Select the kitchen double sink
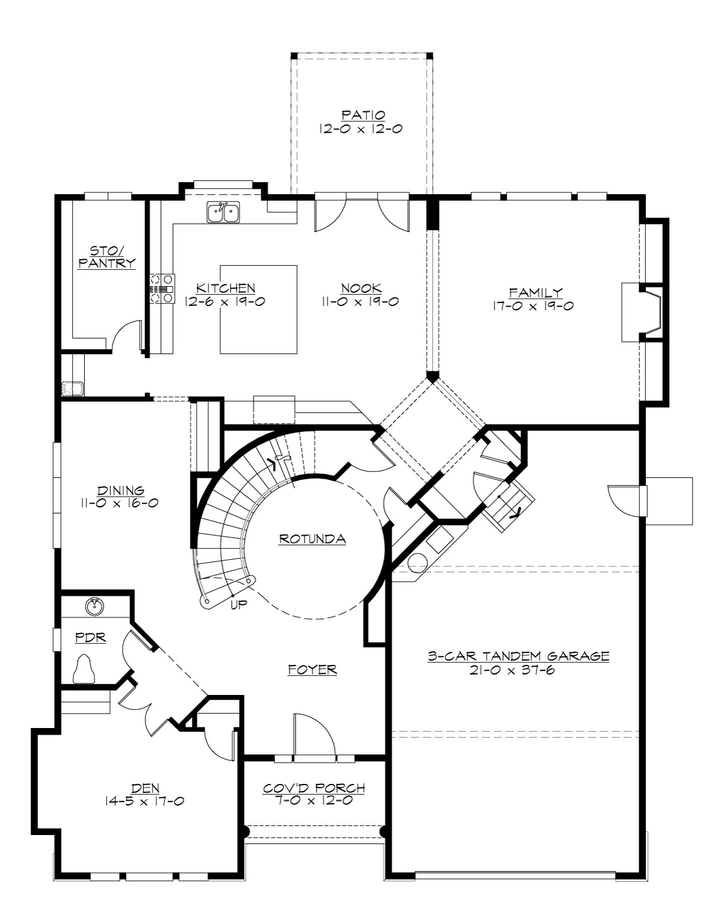click(224, 212)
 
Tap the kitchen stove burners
click(162, 289)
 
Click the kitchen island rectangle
click(258, 309)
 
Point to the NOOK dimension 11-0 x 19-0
click(361, 302)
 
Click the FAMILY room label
click(535, 293)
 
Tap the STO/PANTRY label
click(106, 257)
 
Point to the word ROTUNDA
click(312, 539)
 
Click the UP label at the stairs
click(239, 605)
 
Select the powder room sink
click(93, 607)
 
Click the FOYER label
click(312, 669)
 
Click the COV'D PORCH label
click(314, 788)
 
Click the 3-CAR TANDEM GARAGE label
click(518, 656)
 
